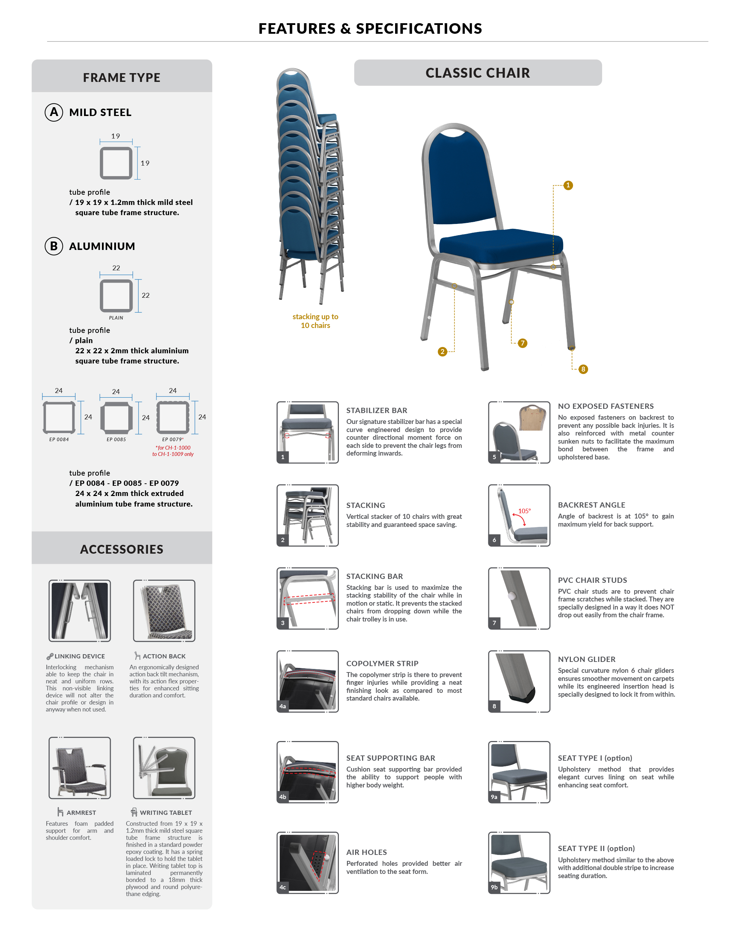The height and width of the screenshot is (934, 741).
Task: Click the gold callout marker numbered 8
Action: pyautogui.click(x=583, y=369)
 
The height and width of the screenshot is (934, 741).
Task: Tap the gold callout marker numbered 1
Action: pyautogui.click(x=568, y=185)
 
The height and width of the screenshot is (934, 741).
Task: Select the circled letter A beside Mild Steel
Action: pyautogui.click(x=54, y=112)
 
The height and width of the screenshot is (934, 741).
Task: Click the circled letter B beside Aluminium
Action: pyautogui.click(x=54, y=246)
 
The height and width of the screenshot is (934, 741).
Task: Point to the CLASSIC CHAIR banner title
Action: pyautogui.click(x=477, y=73)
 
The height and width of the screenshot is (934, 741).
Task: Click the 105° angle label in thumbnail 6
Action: pyautogui.click(x=524, y=511)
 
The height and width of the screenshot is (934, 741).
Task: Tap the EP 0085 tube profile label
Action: pyautogui.click(x=116, y=439)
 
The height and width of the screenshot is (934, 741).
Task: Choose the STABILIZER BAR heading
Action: pyautogui.click(x=376, y=410)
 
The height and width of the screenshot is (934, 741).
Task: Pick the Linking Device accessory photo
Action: pyautogui.click(x=80, y=610)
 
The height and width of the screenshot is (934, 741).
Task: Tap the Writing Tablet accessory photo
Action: pyautogui.click(x=164, y=767)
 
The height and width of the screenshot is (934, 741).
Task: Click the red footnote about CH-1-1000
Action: pyautogui.click(x=173, y=451)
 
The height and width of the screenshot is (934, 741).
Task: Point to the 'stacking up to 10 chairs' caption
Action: pyautogui.click(x=315, y=321)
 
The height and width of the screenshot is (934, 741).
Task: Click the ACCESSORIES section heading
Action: pyautogui.click(x=122, y=549)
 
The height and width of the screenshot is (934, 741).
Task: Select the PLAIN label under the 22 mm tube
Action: pyautogui.click(x=116, y=317)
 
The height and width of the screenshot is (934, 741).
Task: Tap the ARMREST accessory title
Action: pyautogui.click(x=81, y=812)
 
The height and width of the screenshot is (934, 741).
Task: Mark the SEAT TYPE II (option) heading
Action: pyautogui.click(x=596, y=848)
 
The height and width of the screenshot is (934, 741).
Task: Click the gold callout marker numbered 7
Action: pyautogui.click(x=522, y=343)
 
